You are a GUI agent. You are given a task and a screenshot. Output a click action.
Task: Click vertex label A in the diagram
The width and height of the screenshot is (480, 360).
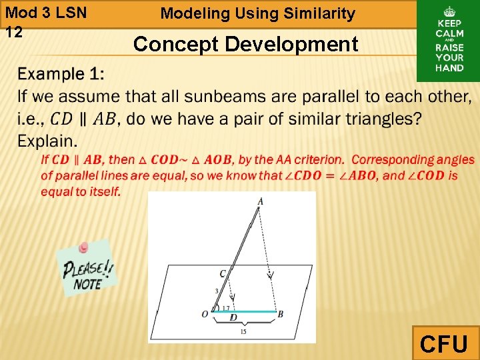[x=260, y=201]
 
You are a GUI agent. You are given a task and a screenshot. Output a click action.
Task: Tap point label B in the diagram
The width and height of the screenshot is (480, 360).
[x=281, y=314]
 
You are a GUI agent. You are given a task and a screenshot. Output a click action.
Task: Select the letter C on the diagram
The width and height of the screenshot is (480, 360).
[x=222, y=274]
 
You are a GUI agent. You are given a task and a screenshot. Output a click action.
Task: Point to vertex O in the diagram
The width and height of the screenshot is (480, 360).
[x=205, y=314]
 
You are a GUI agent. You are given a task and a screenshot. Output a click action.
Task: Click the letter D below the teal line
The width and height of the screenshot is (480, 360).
[x=233, y=318]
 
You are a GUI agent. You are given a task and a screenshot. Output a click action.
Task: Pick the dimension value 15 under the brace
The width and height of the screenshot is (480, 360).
[x=243, y=331]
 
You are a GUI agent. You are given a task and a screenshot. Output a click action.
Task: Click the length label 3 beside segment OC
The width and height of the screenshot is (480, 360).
[x=216, y=291]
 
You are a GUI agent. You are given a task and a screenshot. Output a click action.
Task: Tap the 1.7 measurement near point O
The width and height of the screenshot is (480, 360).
[x=225, y=307]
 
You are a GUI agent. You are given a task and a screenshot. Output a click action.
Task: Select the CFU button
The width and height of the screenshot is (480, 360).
[x=445, y=343]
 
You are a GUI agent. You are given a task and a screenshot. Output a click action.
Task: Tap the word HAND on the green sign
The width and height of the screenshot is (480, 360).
[x=449, y=67]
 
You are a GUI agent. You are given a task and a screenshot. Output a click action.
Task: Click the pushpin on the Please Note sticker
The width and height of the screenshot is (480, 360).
[x=83, y=248]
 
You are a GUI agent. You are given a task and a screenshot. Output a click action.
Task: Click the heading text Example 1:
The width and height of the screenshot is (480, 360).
[x=61, y=73]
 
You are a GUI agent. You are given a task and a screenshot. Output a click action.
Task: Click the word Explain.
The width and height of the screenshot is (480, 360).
[x=47, y=141]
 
